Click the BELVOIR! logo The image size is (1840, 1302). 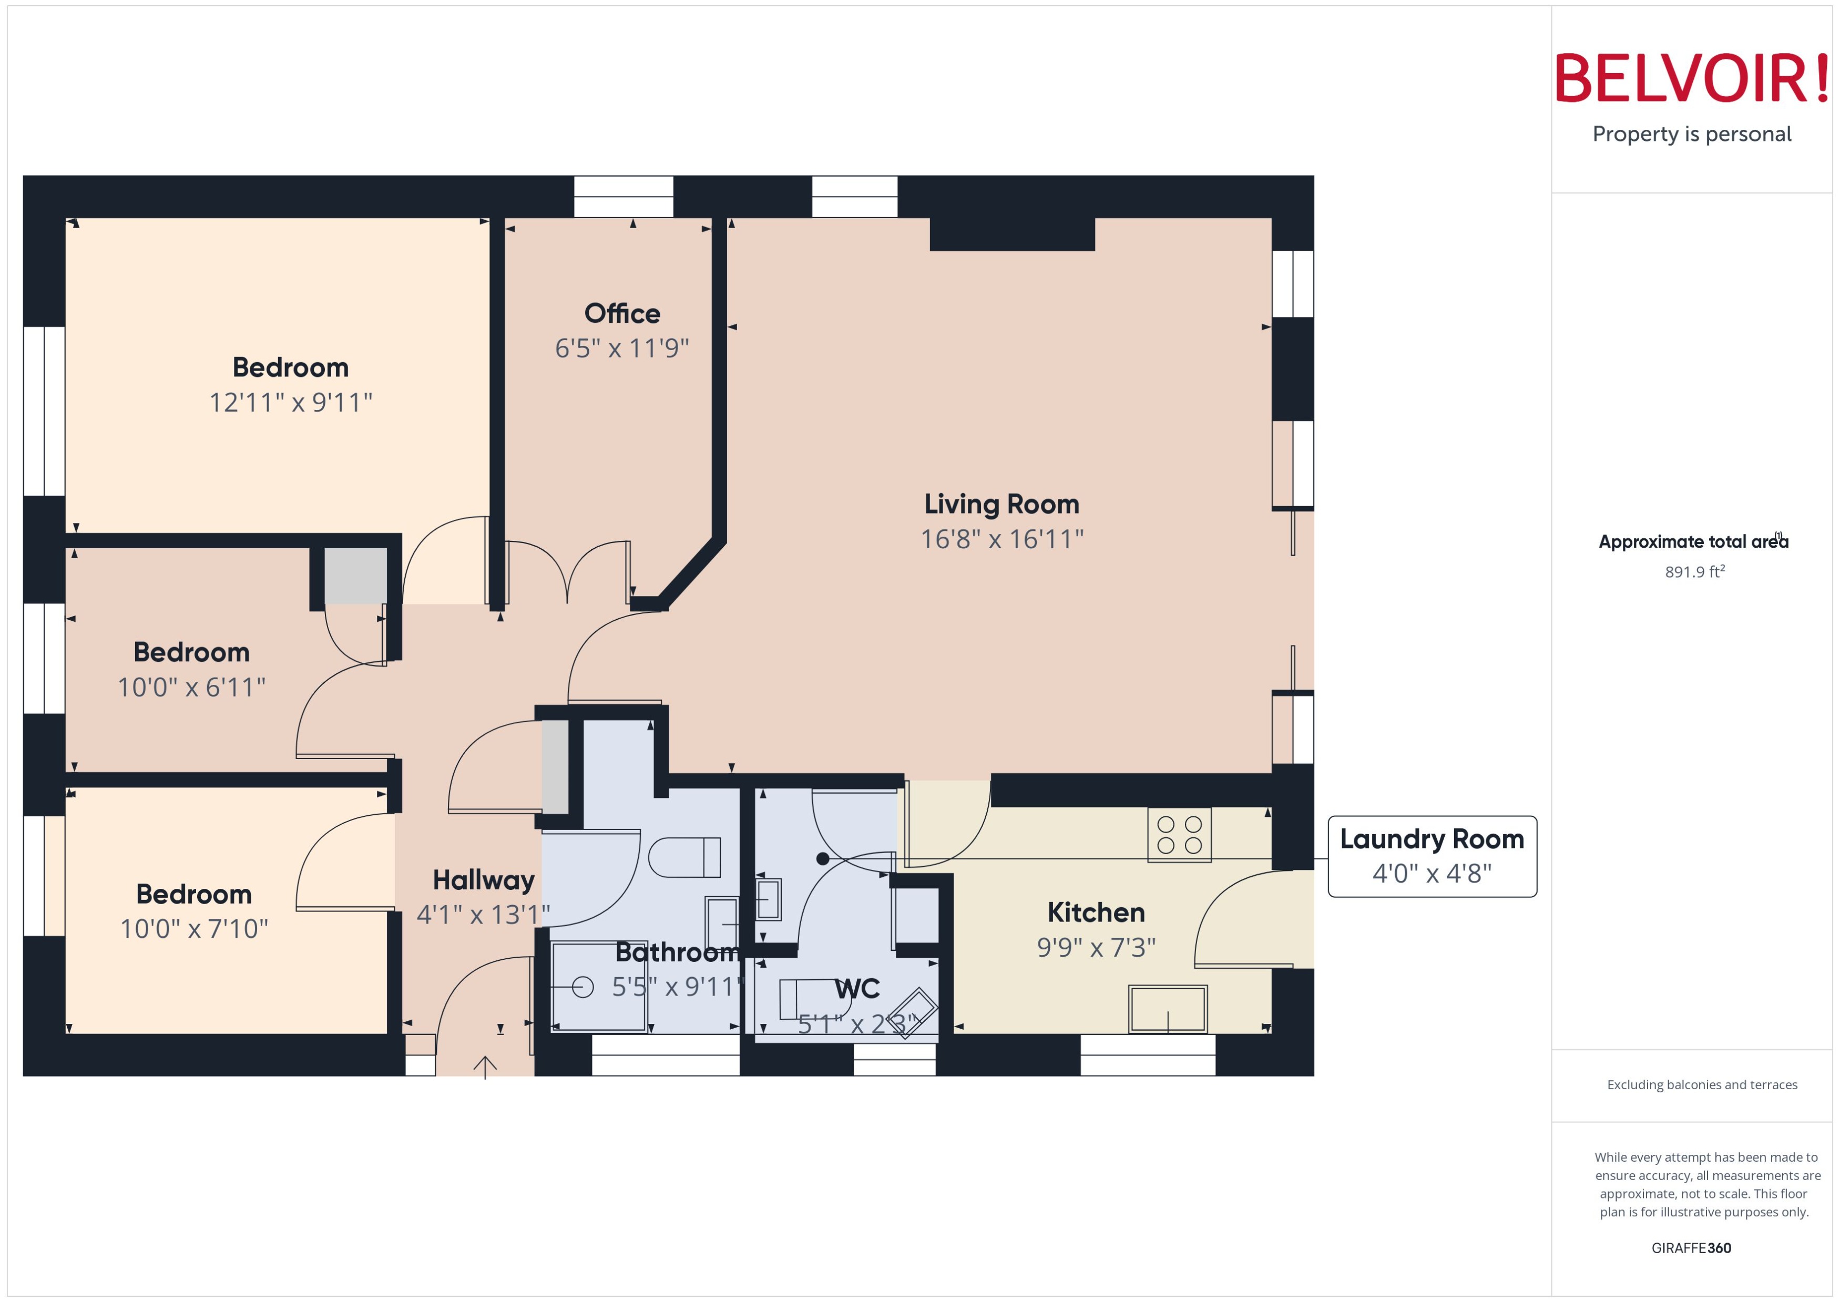point(1692,78)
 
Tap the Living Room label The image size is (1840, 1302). point(1001,504)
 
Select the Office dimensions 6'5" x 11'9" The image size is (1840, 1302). point(621,348)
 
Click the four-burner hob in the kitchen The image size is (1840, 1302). point(1179,835)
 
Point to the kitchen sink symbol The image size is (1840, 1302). point(1167,1009)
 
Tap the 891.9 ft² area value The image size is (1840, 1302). point(1694,572)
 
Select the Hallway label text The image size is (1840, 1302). point(484,880)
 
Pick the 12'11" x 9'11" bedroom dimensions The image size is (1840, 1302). point(290,402)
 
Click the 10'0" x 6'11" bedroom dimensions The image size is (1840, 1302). point(191,687)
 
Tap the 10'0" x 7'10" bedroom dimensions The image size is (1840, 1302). point(193,928)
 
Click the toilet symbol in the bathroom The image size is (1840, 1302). point(684,857)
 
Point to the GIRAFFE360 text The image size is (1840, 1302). point(1691,1247)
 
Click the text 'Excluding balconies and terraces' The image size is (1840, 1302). point(1701,1085)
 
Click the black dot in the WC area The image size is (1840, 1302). point(823,859)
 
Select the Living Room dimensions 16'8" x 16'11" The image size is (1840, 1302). point(1001,539)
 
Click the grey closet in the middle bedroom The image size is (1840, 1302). point(355,576)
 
